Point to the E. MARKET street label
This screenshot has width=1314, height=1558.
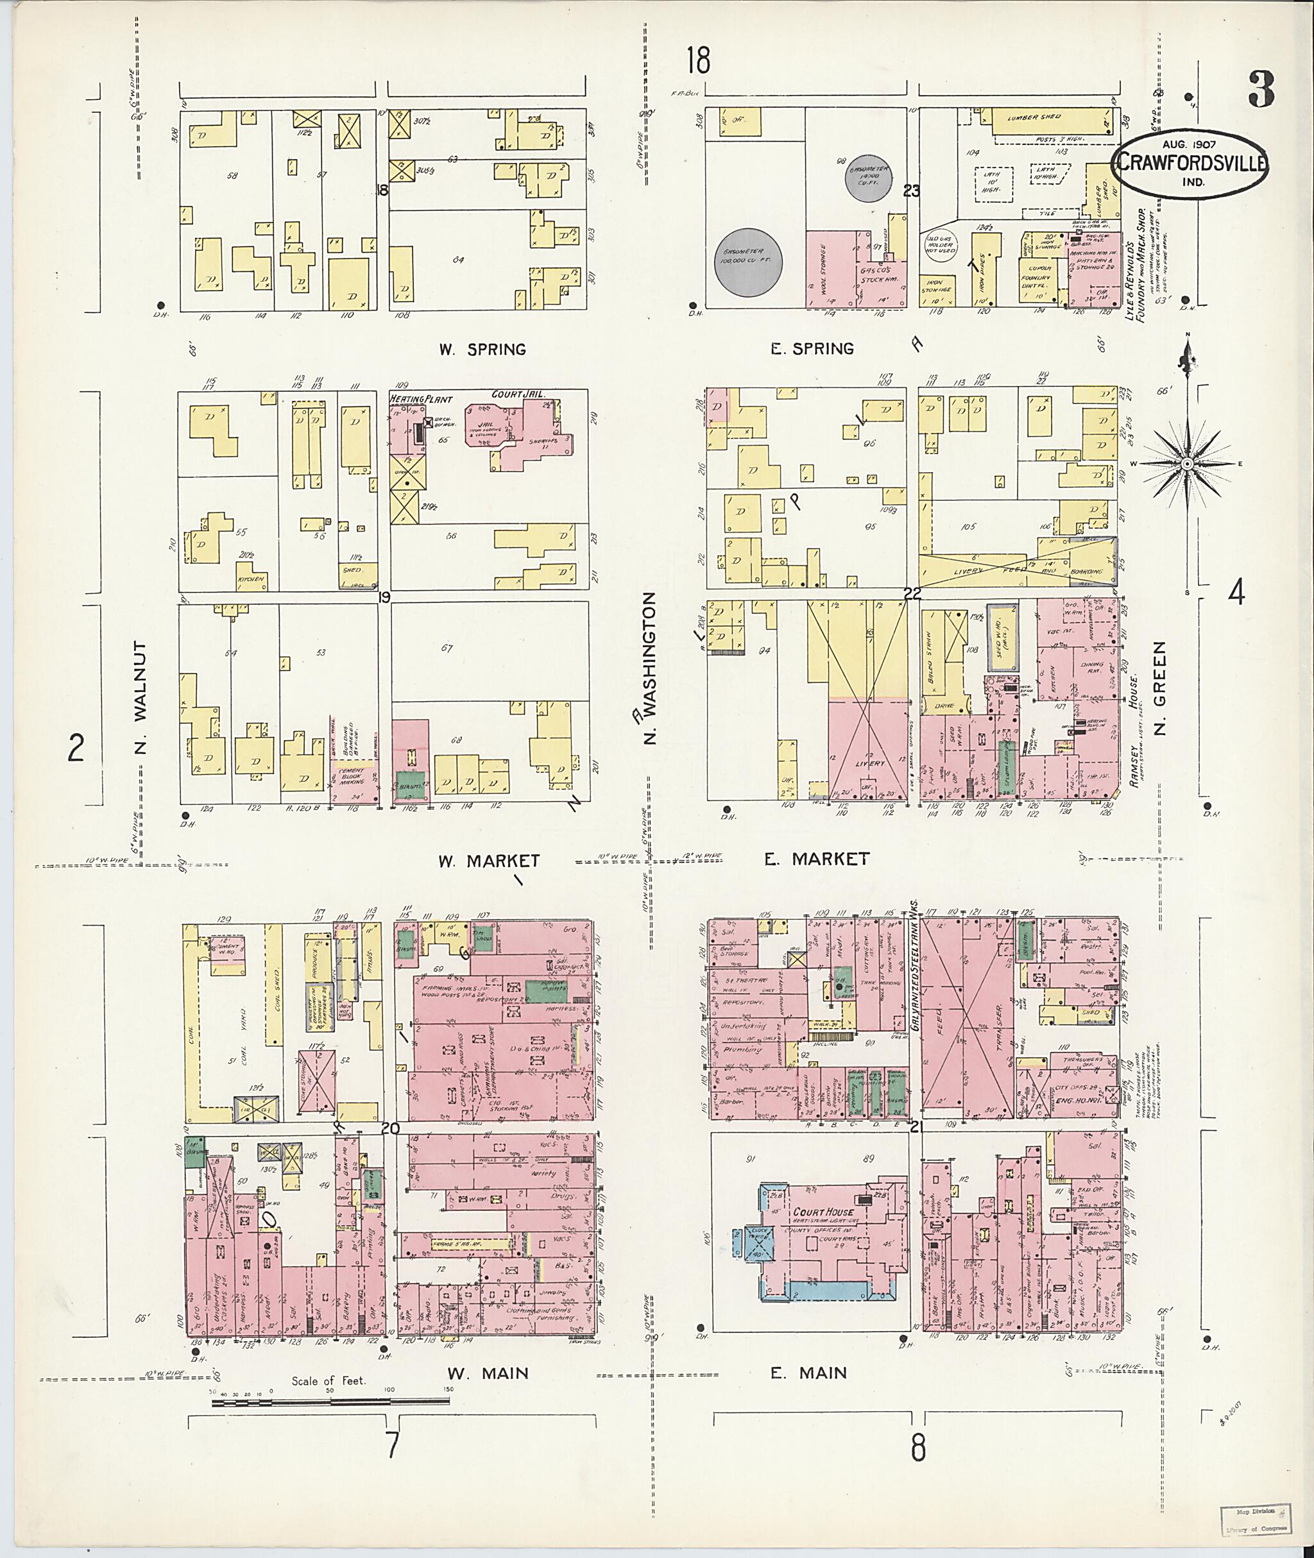816,859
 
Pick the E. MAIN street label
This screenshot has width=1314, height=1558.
809,1373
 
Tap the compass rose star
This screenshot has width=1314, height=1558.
1188,464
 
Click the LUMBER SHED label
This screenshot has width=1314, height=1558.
1034,117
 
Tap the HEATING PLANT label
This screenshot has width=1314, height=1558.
421,399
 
